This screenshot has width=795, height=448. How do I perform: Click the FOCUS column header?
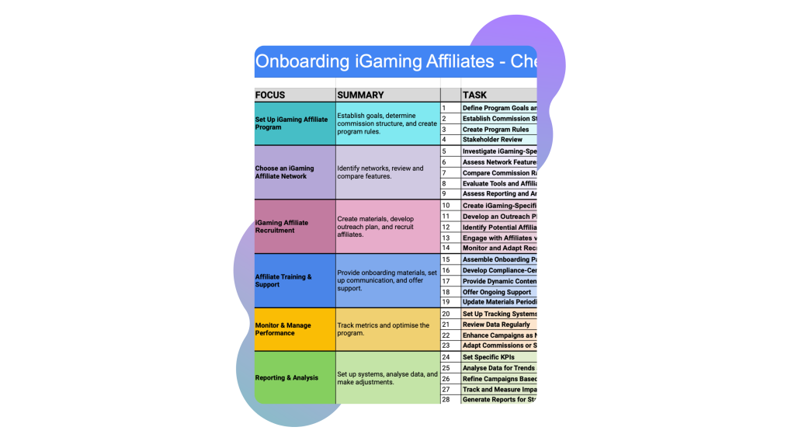(x=270, y=95)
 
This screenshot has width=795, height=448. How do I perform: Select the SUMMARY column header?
(x=360, y=95)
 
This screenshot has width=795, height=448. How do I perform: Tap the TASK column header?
(x=474, y=95)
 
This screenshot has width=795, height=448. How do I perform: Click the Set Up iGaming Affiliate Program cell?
(x=294, y=123)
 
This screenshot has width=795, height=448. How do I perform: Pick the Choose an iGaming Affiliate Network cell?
(x=294, y=172)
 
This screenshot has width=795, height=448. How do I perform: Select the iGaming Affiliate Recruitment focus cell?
(x=294, y=226)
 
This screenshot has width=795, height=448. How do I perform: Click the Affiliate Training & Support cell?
(x=294, y=280)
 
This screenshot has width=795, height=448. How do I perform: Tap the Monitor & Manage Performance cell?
(x=294, y=329)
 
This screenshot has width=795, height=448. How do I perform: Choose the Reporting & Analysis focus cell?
(x=294, y=378)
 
